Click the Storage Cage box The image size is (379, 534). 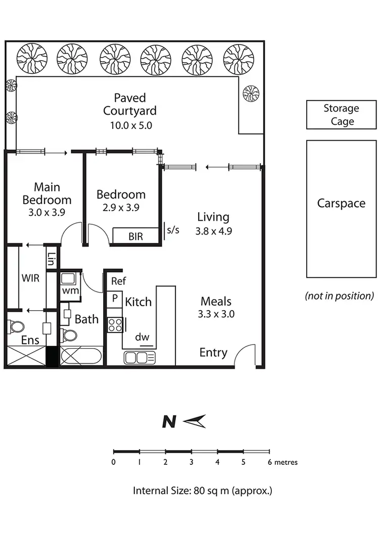(342, 115)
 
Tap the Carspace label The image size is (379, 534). (341, 203)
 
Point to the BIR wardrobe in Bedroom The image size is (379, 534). (135, 236)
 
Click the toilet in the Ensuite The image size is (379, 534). (15, 326)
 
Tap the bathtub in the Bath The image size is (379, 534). (81, 356)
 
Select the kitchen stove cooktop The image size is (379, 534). (115, 324)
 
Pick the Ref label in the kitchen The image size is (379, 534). (118, 281)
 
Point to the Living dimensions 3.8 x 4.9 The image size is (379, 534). (213, 231)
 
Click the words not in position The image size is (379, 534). (339, 296)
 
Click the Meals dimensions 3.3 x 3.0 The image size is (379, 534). (216, 314)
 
